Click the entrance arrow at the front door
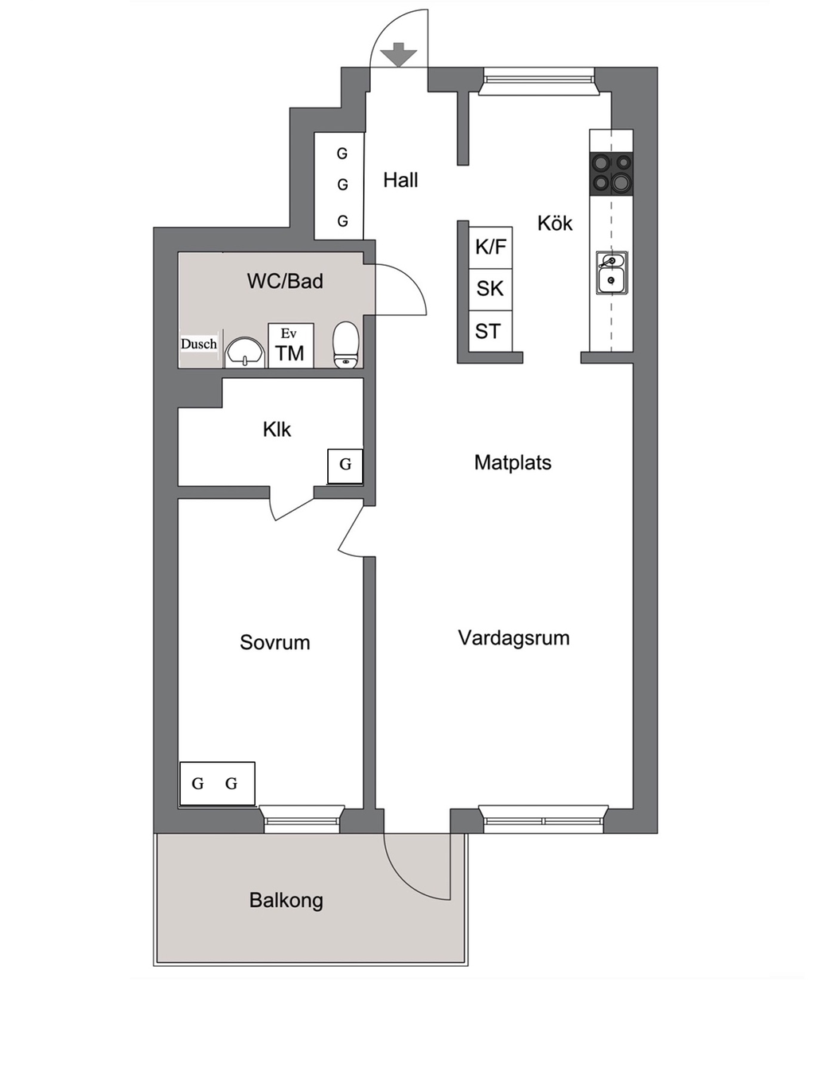pyautogui.click(x=398, y=56)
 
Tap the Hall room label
pyautogui.click(x=400, y=181)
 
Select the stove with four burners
pyautogui.click(x=611, y=173)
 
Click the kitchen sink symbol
pyautogui.click(x=611, y=273)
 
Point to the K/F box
pyautogui.click(x=490, y=247)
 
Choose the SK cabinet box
pyautogui.click(x=490, y=289)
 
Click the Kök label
pyautogui.click(x=555, y=224)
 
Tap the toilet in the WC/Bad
pyautogui.click(x=346, y=345)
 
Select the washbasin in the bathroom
pyautogui.click(x=245, y=351)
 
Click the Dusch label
pyautogui.click(x=199, y=344)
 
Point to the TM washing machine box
pyautogui.click(x=291, y=346)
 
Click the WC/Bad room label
pyautogui.click(x=285, y=281)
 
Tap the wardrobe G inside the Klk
pyautogui.click(x=345, y=465)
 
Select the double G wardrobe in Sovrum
pyautogui.click(x=216, y=784)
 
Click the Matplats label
pyautogui.click(x=513, y=462)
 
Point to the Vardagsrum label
pyautogui.click(x=513, y=638)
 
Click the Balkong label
pyautogui.click(x=286, y=901)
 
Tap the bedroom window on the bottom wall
pyautogui.click(x=302, y=819)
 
